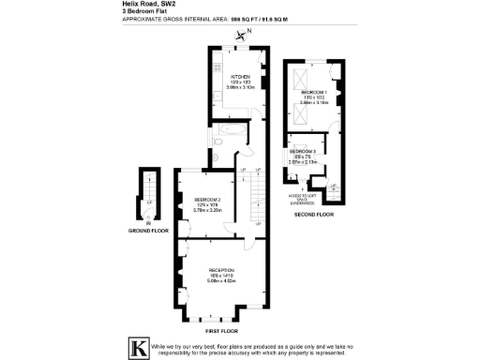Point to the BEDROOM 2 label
click(206, 200)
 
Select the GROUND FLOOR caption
click(148, 229)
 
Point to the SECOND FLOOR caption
click(314, 216)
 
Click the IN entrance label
click(148, 222)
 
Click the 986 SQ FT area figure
click(241, 20)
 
